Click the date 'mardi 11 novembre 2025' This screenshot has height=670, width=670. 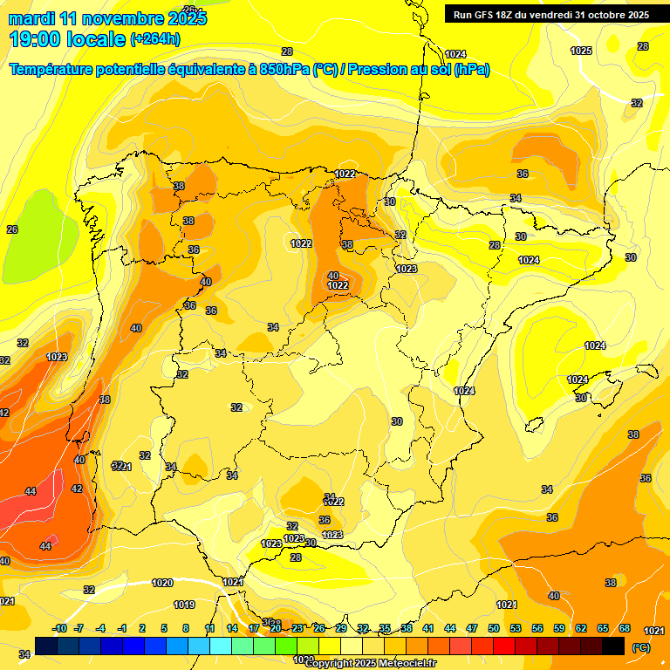pos(107,18)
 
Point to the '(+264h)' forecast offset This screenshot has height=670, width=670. pos(155,39)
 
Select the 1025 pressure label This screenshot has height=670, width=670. pos(581,51)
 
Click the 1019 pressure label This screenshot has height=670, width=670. pos(184,605)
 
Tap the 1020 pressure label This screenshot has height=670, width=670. pos(162,583)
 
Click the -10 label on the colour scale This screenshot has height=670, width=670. pos(59,628)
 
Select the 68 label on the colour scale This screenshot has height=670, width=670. pos(625,628)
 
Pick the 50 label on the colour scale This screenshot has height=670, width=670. pos(494,628)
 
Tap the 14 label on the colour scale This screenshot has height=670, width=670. pos(232,628)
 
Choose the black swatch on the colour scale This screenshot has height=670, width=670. pos(613,646)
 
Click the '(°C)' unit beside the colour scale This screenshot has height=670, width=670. pos(641,646)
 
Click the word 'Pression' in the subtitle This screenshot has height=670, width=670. pos(378,70)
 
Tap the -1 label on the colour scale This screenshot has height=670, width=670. pos(122,628)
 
